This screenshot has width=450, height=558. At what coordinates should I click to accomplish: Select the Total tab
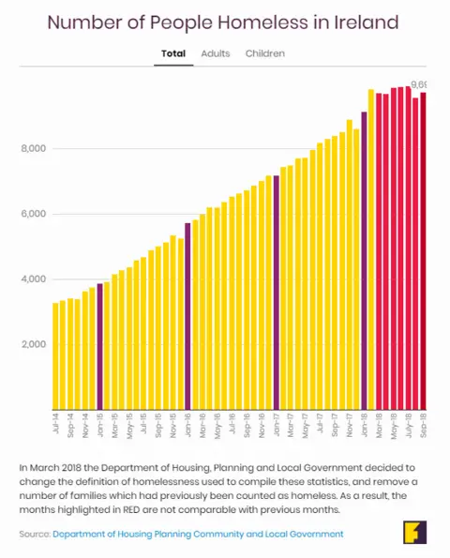click(x=173, y=53)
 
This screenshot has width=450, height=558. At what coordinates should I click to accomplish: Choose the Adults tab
click(x=216, y=53)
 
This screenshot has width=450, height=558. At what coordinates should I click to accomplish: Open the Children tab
click(x=265, y=53)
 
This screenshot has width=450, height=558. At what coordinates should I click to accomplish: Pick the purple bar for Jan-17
click(x=276, y=292)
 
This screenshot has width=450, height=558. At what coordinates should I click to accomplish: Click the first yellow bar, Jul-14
click(x=56, y=355)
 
